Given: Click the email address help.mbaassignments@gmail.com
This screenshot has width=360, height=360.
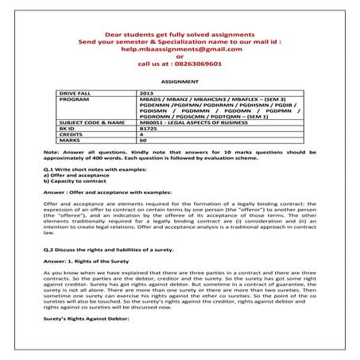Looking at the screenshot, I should (180, 48).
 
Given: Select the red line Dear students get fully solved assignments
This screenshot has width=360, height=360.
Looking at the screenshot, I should (180, 33).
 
